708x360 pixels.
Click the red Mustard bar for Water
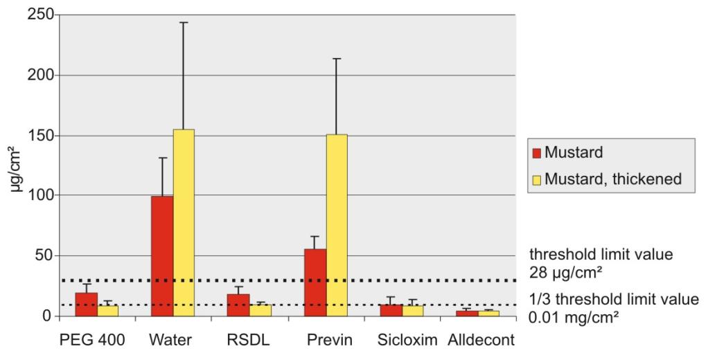tap(162, 256)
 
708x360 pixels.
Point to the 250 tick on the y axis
tap(36, 15)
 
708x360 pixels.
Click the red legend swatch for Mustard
tap(535, 152)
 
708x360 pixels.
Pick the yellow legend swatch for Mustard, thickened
tap(535, 179)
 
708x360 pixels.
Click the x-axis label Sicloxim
tap(402, 343)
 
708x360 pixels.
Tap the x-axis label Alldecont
tap(478, 343)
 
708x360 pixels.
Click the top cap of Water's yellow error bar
tap(184, 23)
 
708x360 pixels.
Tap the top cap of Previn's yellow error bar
tap(337, 59)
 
